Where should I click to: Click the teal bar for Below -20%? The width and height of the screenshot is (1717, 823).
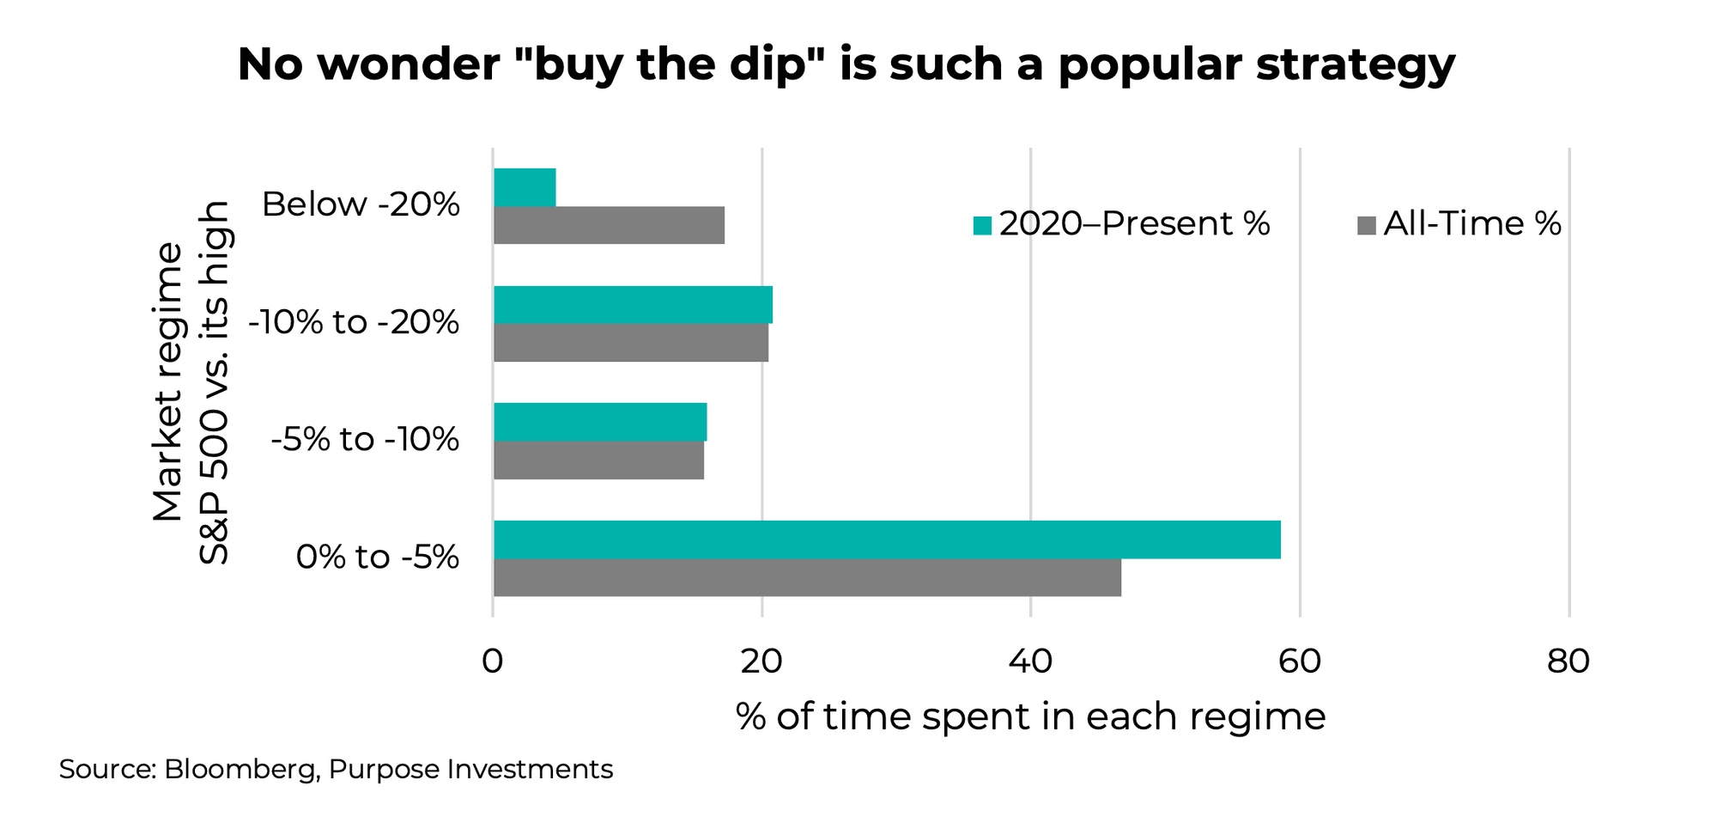525,187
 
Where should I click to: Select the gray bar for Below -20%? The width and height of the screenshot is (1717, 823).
609,225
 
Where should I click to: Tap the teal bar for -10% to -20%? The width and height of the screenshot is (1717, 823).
633,305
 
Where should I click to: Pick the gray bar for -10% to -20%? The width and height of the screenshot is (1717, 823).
631,343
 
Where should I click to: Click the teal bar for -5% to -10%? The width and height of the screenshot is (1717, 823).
600,422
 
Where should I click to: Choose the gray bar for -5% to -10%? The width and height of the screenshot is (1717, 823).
598,460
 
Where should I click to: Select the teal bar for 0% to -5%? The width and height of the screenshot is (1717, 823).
887,540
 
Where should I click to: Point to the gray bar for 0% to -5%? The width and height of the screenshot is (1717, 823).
807,577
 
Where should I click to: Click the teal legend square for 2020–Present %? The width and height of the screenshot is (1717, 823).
982,226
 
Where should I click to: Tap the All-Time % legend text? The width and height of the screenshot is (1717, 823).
1471,224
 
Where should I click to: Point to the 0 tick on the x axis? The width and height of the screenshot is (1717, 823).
492,661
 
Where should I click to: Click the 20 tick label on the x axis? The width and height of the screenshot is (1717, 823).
761,661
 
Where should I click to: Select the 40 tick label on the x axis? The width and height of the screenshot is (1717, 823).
1029,661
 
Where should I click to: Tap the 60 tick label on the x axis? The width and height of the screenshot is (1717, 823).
1299,661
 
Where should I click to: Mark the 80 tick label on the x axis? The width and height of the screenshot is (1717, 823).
1568,661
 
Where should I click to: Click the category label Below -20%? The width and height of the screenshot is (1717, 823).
361,204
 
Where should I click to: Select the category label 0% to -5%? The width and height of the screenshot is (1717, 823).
377,558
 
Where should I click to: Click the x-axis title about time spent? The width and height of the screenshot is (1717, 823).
1030,716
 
